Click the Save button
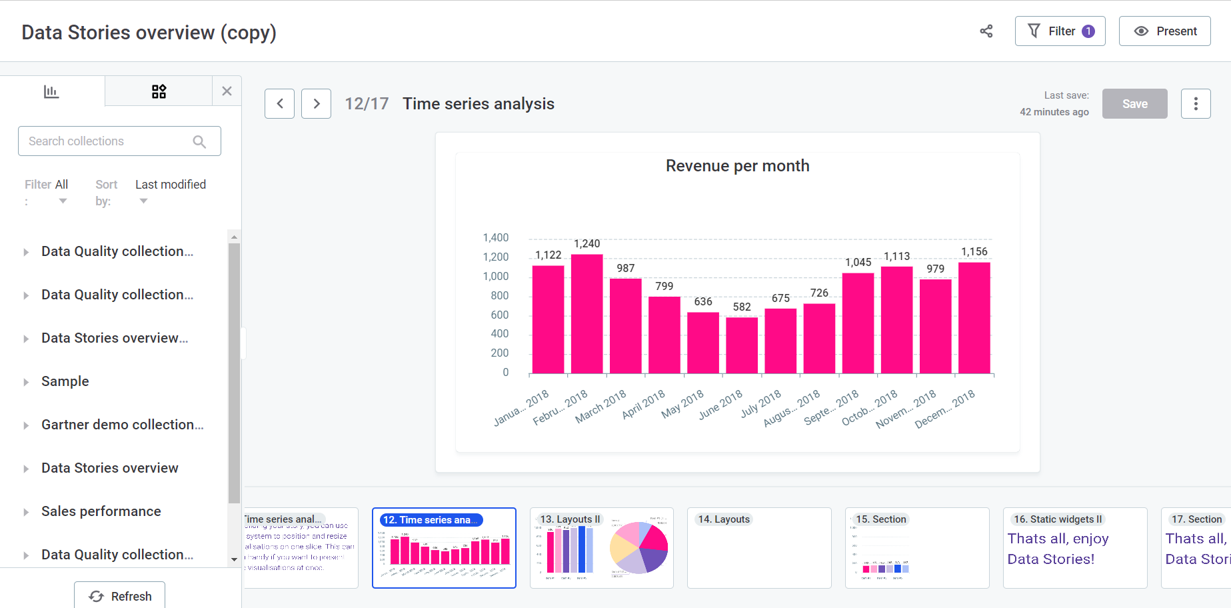[1134, 104]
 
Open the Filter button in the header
[1060, 31]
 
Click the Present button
[1164, 31]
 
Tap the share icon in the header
[986, 31]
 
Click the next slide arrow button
[316, 104]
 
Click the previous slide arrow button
[280, 104]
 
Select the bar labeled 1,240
[587, 313]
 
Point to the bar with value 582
[742, 345]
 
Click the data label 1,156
[974, 251]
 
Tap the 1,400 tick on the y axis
[496, 238]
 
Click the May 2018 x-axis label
[682, 404]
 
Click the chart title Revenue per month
[737, 166]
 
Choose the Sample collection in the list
[65, 381]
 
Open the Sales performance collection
[101, 511]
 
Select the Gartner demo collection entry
[122, 425]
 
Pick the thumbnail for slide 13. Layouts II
[601, 548]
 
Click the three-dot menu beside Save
[1196, 104]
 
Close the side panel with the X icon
[227, 91]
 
